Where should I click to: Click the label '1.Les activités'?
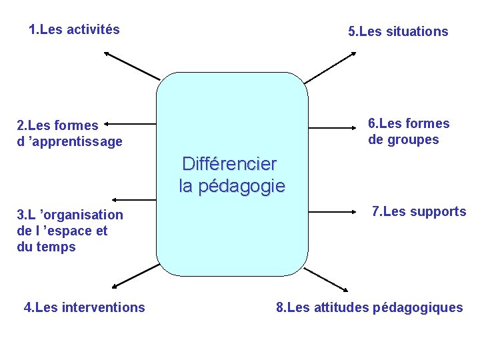coord(74,29)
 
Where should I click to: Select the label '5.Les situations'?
coord(398,31)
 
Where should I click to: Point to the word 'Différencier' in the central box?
coord(229,163)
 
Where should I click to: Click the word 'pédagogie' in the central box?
coord(243,186)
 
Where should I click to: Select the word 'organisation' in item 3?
coord(82,215)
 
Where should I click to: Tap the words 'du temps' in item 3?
coord(46,247)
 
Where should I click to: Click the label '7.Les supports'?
coord(419,211)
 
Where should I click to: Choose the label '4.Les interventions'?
coord(84,307)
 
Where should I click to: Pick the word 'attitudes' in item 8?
coord(342,307)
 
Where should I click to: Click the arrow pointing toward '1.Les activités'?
coord(132,65)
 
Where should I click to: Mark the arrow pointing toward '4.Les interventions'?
coord(136,275)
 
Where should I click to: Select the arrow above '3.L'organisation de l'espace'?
coord(133,199)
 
